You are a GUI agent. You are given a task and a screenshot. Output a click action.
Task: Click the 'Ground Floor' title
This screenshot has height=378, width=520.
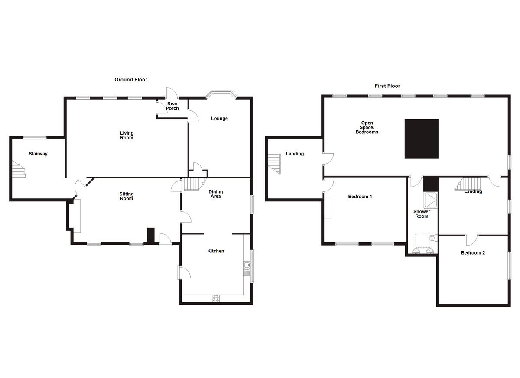(130, 80)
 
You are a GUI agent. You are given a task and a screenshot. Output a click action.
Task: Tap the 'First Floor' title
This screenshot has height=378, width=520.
(387, 86)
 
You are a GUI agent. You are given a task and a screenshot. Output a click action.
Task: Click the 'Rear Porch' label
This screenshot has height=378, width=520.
(172, 106)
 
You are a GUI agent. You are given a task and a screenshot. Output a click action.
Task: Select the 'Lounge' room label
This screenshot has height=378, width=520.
(219, 119)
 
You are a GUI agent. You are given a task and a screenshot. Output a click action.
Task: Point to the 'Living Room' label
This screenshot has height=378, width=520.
(127, 136)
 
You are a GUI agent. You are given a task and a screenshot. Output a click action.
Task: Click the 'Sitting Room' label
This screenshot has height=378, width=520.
(127, 196)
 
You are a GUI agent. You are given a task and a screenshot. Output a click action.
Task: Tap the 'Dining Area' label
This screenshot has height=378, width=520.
(215, 194)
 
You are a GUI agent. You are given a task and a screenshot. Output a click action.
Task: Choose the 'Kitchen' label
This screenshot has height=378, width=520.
(215, 251)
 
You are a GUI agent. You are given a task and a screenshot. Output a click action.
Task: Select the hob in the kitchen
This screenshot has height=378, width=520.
(215, 298)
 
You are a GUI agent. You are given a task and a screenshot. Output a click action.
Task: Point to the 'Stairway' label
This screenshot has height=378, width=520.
(38, 154)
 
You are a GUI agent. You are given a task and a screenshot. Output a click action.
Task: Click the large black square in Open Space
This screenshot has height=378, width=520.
(421, 139)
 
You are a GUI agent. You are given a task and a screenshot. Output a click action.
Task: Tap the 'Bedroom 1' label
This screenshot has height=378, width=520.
(360, 197)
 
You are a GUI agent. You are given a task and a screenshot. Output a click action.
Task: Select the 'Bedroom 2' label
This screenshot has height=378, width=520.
(473, 253)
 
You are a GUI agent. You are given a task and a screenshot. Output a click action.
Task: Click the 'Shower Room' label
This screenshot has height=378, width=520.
(422, 214)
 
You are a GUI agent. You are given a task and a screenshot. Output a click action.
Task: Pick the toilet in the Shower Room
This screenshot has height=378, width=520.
(432, 238)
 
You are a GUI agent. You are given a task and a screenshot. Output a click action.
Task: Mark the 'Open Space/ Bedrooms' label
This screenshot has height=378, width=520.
(367, 127)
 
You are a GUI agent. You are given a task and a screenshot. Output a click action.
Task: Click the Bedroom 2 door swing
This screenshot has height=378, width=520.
(471, 239)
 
